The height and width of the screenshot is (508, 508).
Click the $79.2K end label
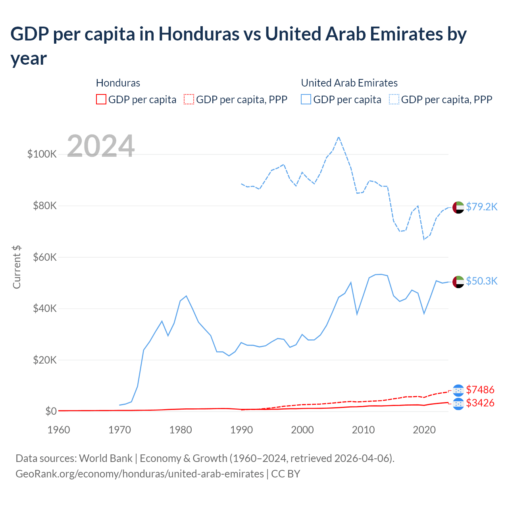[481, 207]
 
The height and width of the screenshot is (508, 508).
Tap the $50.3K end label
[481, 281]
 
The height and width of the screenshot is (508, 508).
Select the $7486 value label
[480, 390]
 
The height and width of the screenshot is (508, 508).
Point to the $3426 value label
[480, 403]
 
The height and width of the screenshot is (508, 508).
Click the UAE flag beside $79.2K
[458, 207]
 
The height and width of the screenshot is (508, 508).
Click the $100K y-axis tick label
[42, 154]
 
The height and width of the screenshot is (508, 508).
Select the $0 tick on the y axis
[51, 411]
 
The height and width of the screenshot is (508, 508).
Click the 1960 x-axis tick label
[59, 430]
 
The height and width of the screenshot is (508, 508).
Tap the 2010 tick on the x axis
[363, 430]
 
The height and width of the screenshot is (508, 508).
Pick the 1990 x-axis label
[241, 430]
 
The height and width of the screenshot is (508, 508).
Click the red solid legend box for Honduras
[101, 99]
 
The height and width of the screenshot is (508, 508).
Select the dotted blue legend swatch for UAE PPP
[394, 99]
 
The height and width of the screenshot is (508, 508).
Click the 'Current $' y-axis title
[17, 267]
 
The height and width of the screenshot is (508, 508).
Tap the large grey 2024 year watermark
[101, 146]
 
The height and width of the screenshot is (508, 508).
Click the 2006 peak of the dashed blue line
[339, 137]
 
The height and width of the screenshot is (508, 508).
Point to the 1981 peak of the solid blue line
[186, 296]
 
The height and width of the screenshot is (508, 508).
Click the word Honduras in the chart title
[199, 34]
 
